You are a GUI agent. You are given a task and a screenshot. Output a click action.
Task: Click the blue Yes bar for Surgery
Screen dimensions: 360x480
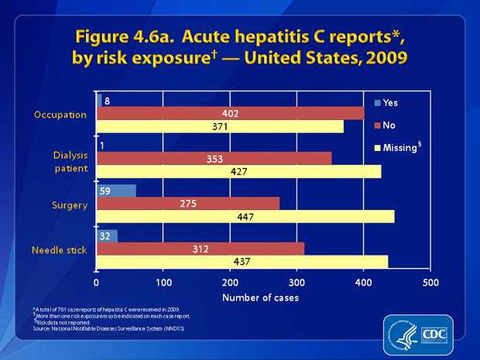point(116,190)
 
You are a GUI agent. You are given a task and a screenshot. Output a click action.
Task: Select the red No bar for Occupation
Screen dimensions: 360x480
point(230,113)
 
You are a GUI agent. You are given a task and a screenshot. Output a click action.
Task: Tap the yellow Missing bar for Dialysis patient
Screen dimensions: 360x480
point(238,171)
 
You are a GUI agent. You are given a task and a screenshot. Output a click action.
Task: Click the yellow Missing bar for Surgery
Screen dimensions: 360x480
point(245,217)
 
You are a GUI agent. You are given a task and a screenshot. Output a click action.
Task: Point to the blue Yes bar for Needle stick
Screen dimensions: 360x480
point(107,235)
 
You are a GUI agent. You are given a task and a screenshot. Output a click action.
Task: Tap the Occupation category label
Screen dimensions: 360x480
point(60,114)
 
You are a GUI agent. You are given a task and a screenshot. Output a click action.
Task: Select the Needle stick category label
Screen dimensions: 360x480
point(60,249)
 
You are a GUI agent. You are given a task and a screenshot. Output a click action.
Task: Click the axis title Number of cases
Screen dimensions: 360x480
point(261,297)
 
